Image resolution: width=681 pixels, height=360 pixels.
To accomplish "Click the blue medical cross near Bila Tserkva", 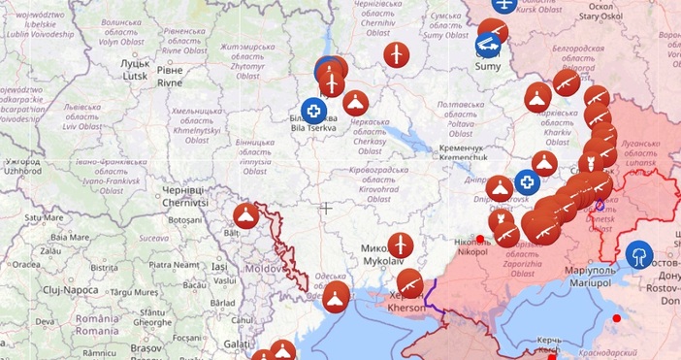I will point(312,110).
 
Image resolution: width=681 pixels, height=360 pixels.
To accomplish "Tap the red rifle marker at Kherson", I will point(410,283).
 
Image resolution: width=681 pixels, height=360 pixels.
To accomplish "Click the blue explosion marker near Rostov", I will point(639,255).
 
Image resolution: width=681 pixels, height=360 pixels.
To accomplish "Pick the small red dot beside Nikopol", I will point(479,239).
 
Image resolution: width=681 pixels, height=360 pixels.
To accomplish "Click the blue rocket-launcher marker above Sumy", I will point(488,44).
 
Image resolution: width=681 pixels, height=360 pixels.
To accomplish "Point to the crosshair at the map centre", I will point(327,207).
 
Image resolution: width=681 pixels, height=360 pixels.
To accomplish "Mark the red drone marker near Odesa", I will point(336,295).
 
